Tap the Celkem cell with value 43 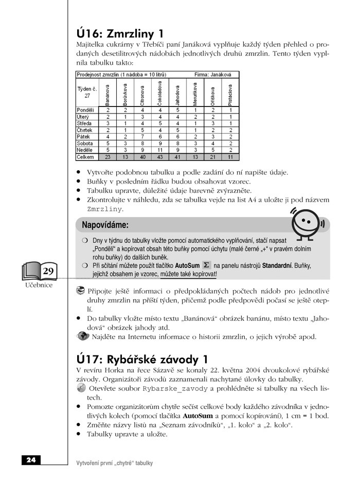[x=160, y=157]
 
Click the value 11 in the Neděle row [x=160, y=150]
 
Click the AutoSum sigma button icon [x=206, y=265]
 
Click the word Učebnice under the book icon [x=39, y=285]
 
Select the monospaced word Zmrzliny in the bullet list [x=104, y=209]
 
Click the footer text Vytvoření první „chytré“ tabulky [x=114, y=463]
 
